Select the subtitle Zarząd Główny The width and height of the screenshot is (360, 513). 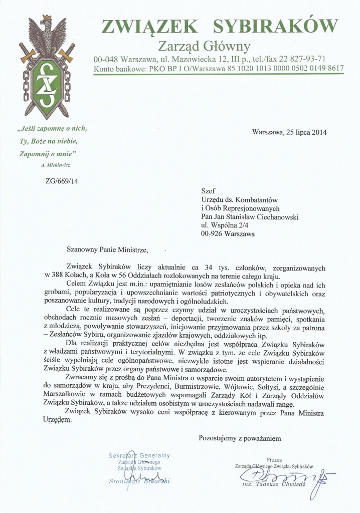pyautogui.click(x=204, y=47)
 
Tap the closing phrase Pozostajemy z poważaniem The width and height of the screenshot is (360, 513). pyautogui.click(x=240, y=438)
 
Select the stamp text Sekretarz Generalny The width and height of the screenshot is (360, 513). pyautogui.click(x=139, y=455)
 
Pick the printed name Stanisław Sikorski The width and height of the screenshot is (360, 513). pyautogui.click(x=139, y=481)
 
